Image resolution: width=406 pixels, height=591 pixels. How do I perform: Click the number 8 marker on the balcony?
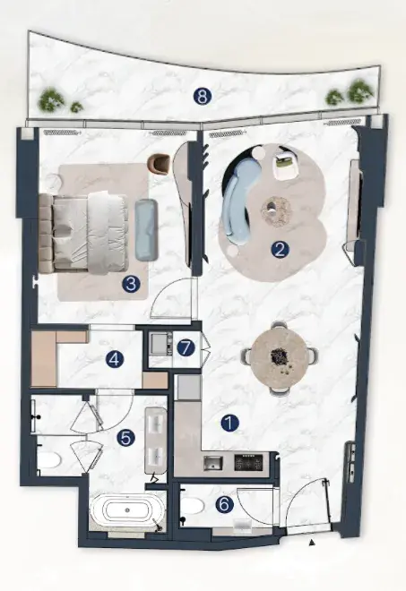point(203,97)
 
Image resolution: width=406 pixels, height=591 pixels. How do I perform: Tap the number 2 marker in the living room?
point(279,250)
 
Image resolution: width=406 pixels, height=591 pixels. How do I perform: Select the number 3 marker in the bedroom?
point(131,284)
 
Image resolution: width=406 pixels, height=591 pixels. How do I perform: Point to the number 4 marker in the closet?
point(115,359)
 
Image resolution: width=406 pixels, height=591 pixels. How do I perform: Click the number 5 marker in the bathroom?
point(125,438)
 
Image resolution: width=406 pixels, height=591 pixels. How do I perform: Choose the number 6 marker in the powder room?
point(224,505)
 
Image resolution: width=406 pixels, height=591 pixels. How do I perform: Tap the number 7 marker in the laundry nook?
point(186,347)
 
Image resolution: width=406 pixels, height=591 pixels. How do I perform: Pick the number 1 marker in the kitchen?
point(230,424)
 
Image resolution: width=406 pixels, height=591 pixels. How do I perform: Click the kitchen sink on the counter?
point(213,463)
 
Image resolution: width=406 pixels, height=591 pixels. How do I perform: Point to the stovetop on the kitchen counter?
point(248,463)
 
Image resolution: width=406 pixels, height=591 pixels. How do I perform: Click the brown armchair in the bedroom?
point(160,164)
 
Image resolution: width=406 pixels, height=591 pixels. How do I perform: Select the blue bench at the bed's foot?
point(147,229)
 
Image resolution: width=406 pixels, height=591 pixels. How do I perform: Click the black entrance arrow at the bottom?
point(312,543)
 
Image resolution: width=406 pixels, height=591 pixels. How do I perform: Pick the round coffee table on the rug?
point(276,211)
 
